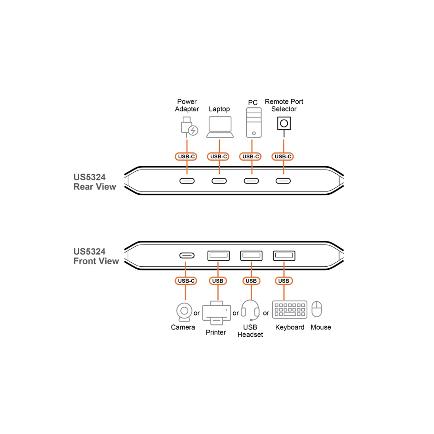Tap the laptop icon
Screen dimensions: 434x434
pyautogui.click(x=220, y=127)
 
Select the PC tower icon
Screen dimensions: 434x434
pyautogui.click(x=254, y=123)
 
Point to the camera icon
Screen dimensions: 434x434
pyautogui.click(x=184, y=312)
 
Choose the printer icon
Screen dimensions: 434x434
pyautogui.click(x=217, y=313)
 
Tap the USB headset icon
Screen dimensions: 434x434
pyautogui.click(x=250, y=311)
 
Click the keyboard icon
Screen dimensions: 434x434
pyautogui.click(x=290, y=309)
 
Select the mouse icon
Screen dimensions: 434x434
pyautogui.click(x=317, y=309)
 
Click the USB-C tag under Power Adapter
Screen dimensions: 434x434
pyautogui.click(x=186, y=157)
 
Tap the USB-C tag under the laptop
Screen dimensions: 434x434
pyautogui.click(x=219, y=157)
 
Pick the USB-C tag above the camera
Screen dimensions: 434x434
pyautogui.click(x=186, y=281)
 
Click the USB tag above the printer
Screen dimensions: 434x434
pyautogui.click(x=218, y=281)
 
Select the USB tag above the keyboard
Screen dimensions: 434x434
pyautogui.click(x=284, y=281)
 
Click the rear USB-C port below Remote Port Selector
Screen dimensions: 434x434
pyautogui.click(x=283, y=181)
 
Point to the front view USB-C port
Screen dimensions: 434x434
pyautogui.click(x=187, y=256)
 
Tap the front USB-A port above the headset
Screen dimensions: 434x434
pyautogui.click(x=251, y=256)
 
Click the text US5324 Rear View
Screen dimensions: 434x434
pyautogui.click(x=95, y=182)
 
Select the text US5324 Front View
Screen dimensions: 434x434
pyautogui.click(x=96, y=256)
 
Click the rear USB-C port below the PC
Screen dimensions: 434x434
pyautogui.click(x=251, y=181)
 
